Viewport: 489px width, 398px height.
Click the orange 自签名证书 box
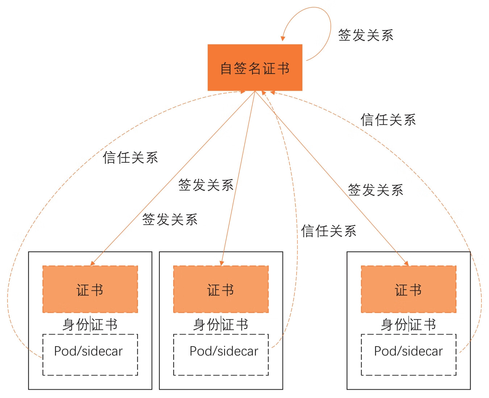coord(255,67)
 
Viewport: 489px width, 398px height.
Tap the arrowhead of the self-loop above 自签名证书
coord(283,38)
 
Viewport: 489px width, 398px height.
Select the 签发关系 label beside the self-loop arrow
coord(365,35)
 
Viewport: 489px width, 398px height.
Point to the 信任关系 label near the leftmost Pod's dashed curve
coord(130,158)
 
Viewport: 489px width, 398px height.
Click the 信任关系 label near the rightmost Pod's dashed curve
coord(388,120)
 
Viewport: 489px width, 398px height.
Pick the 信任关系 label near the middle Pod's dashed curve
coord(329,231)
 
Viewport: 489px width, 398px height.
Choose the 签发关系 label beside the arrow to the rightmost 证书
coord(376,190)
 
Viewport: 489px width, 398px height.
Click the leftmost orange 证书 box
coord(90,289)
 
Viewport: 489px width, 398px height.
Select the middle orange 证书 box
coord(221,289)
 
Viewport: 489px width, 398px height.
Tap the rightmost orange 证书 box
coord(409,289)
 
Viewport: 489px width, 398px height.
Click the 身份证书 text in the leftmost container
coord(90,324)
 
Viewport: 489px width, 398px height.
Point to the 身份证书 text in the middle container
coord(221,324)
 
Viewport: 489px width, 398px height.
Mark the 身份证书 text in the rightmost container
coord(409,324)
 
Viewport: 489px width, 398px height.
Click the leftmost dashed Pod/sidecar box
coord(90,355)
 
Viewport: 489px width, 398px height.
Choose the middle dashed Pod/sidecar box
coord(221,355)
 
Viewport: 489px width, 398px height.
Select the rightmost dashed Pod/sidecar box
coord(409,355)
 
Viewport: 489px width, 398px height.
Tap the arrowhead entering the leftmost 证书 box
coord(93,263)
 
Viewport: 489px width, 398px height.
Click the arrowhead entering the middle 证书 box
coord(222,263)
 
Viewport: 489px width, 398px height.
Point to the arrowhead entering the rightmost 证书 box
coord(406,263)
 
